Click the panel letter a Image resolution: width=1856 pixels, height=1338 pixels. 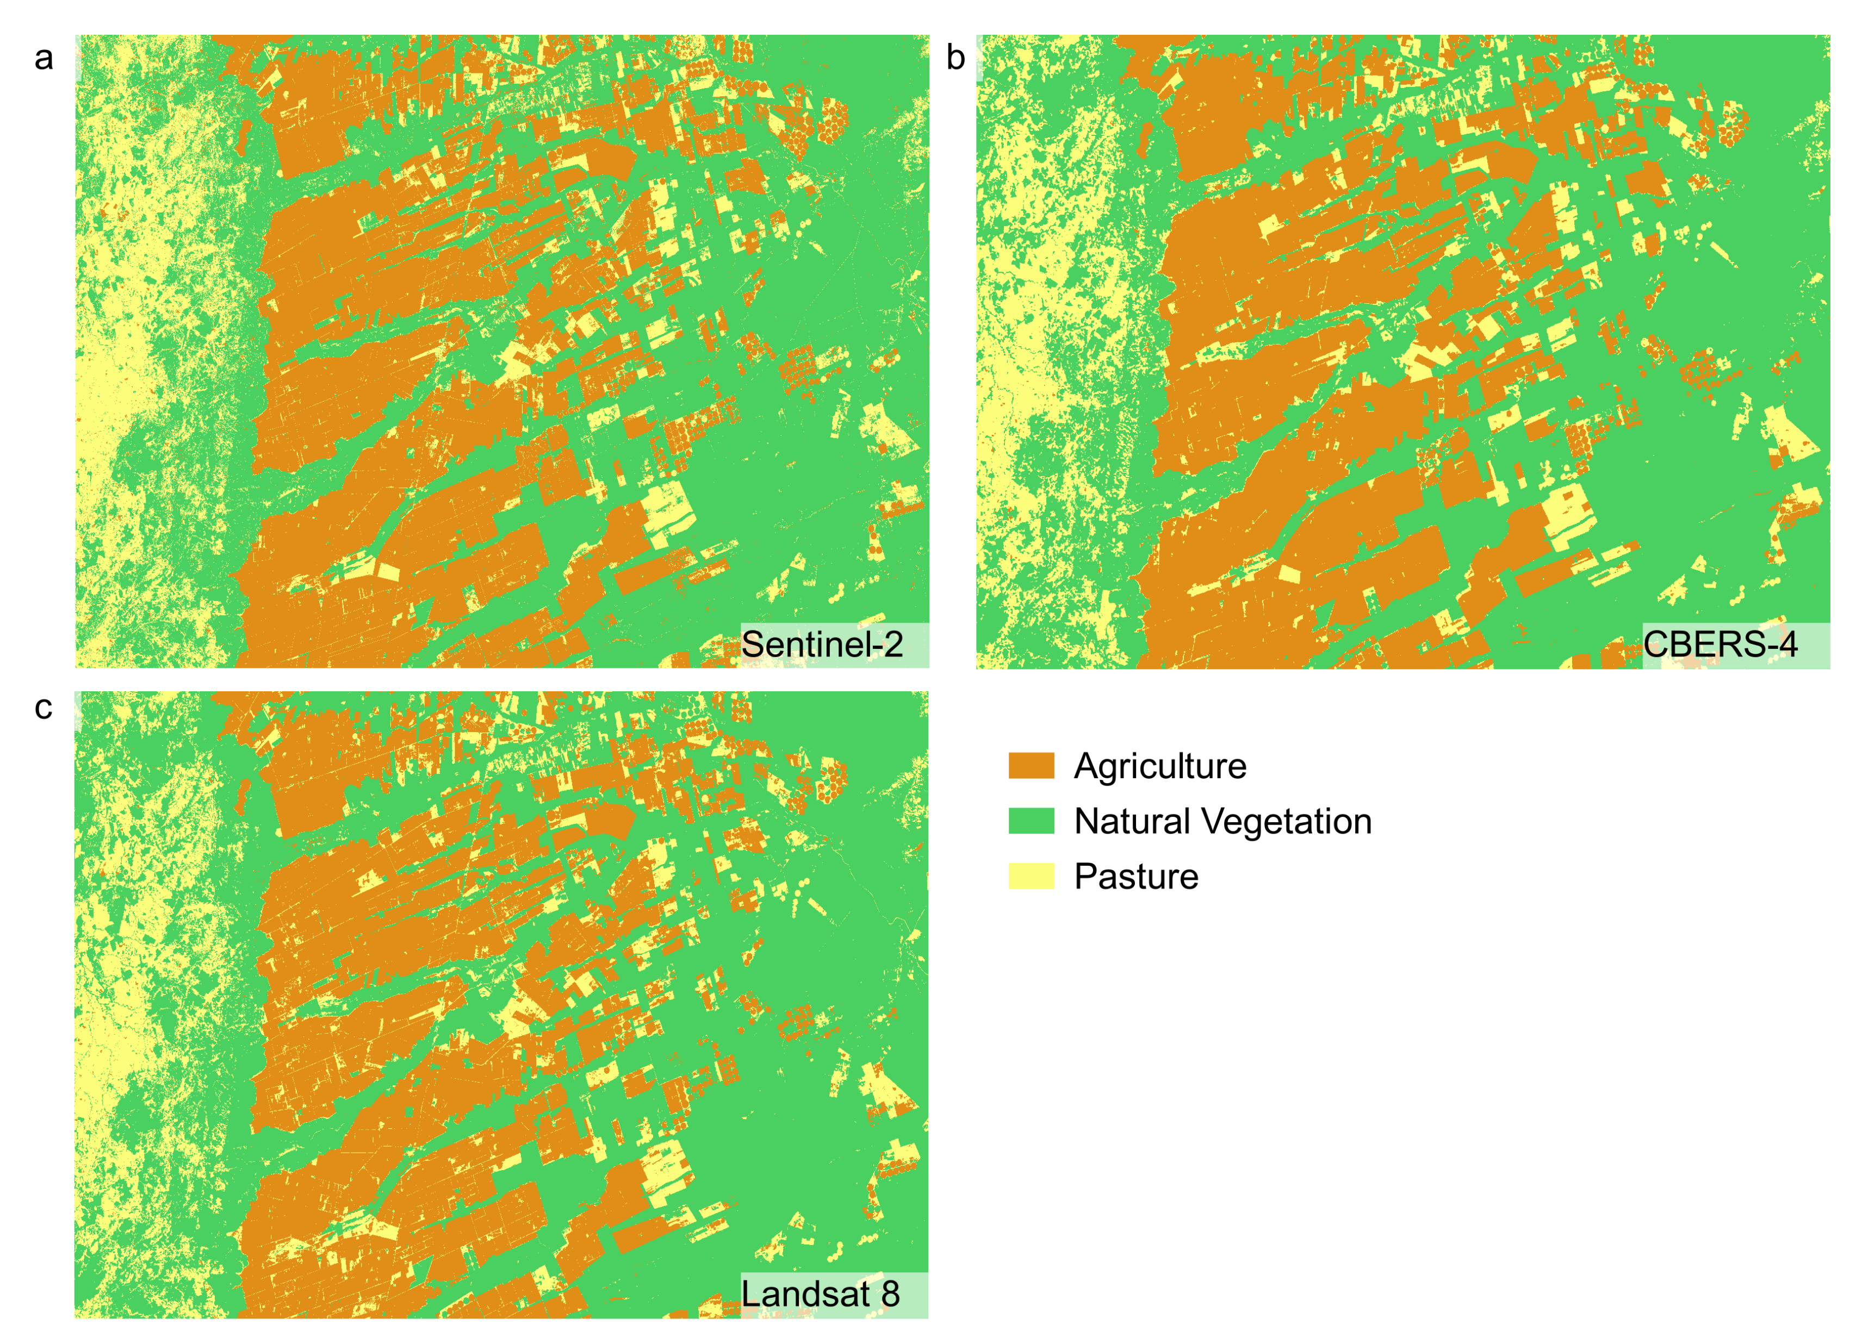44,59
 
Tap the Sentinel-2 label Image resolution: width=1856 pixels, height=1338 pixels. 822,645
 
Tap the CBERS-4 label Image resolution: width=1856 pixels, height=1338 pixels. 1720,645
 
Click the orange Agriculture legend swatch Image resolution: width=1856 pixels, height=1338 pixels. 1031,766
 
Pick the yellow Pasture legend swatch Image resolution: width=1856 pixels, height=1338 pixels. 1031,876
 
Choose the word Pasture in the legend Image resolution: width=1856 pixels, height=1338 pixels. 1136,877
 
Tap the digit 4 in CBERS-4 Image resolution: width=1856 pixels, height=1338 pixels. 1786,645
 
